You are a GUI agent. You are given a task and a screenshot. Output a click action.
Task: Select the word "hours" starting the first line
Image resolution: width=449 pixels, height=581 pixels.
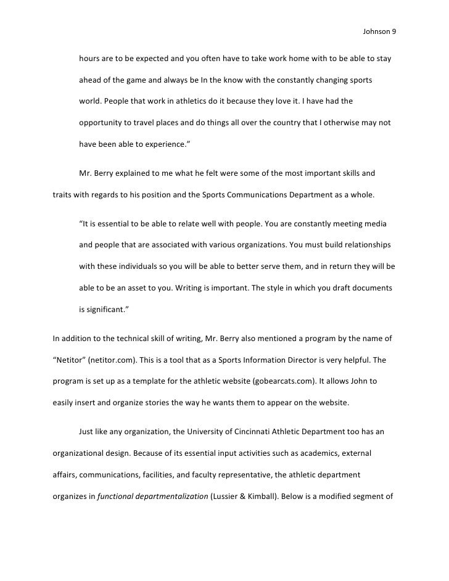coord(90,60)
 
